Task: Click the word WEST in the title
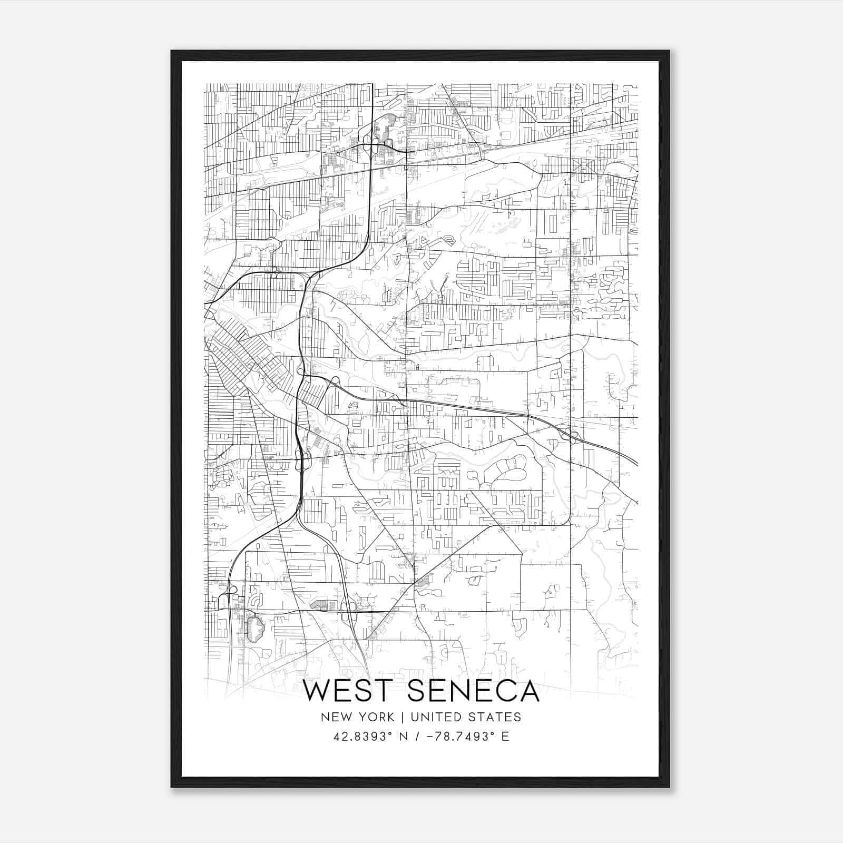[349, 691]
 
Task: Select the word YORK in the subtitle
[376, 717]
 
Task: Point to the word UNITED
[435, 717]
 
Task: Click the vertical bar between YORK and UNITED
[402, 717]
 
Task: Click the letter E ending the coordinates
[505, 736]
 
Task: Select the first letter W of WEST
[318, 691]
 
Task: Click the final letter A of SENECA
[530, 691]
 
